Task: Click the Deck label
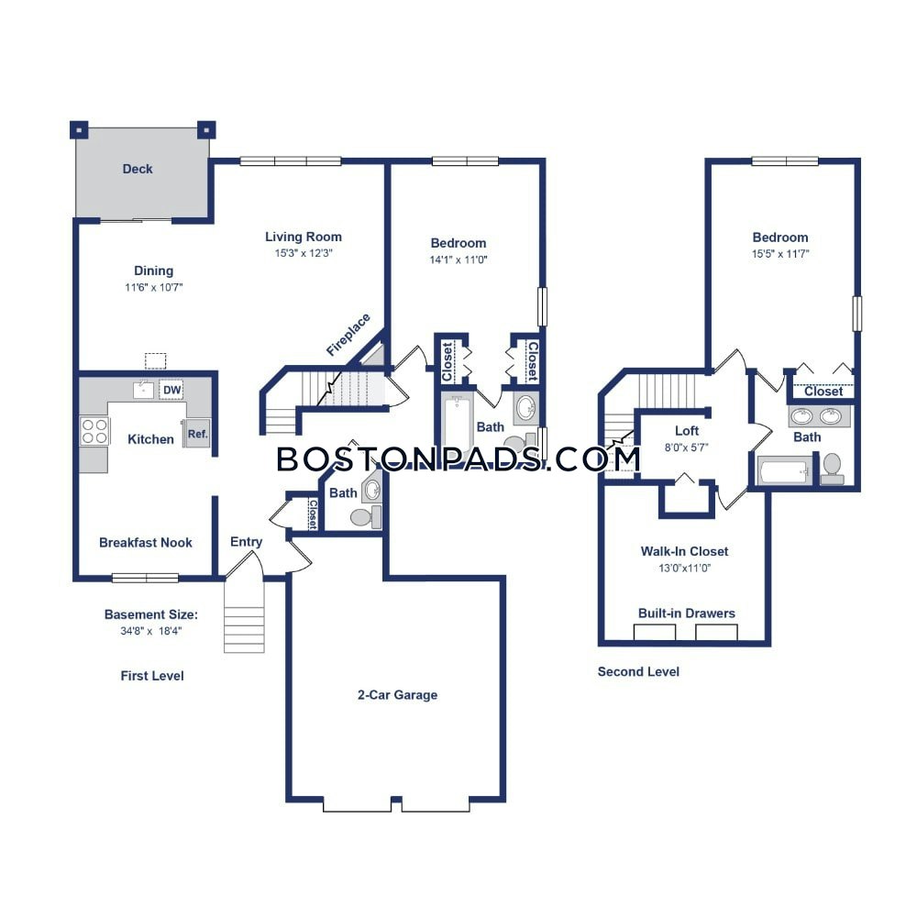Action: point(138,169)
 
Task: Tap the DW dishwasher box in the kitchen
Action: point(171,390)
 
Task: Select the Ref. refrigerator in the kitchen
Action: point(197,434)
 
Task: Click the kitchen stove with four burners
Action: point(94,431)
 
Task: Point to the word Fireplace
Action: point(348,335)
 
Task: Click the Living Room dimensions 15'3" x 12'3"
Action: point(291,253)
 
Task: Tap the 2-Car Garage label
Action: point(397,695)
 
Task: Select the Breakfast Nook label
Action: point(146,543)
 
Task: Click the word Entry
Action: point(246,542)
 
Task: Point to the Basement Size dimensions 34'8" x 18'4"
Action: point(150,632)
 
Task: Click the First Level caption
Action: point(152,676)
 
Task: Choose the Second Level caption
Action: point(638,671)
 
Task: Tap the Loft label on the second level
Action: point(687,431)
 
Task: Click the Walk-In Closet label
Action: point(684,551)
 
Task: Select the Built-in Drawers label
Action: point(687,613)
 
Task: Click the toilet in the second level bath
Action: point(833,467)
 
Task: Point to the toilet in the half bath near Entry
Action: point(360,518)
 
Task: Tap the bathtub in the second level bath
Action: point(783,471)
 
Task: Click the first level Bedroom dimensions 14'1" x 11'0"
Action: point(458,260)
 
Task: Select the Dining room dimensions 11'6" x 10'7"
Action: point(153,287)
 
